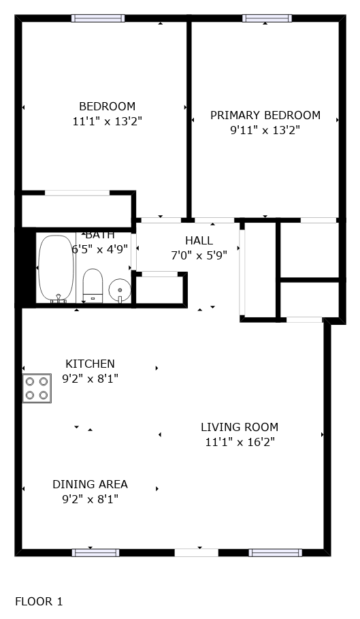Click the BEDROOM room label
point(108,107)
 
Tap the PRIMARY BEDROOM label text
point(265,115)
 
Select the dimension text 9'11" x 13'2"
point(265,130)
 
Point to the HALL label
point(199,240)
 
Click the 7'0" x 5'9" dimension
point(199,255)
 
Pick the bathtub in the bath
point(56,269)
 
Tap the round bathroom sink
point(120,291)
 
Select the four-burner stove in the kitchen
point(37,387)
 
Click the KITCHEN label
point(90,364)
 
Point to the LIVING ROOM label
point(240,427)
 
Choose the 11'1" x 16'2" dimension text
point(240,442)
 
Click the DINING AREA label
point(90,484)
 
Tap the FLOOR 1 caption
point(39,601)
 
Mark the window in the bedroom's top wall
point(98,18)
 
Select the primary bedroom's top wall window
point(267,18)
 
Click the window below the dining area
point(95,553)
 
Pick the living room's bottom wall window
point(275,553)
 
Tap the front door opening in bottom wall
point(197,553)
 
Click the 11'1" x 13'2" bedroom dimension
point(108,121)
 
